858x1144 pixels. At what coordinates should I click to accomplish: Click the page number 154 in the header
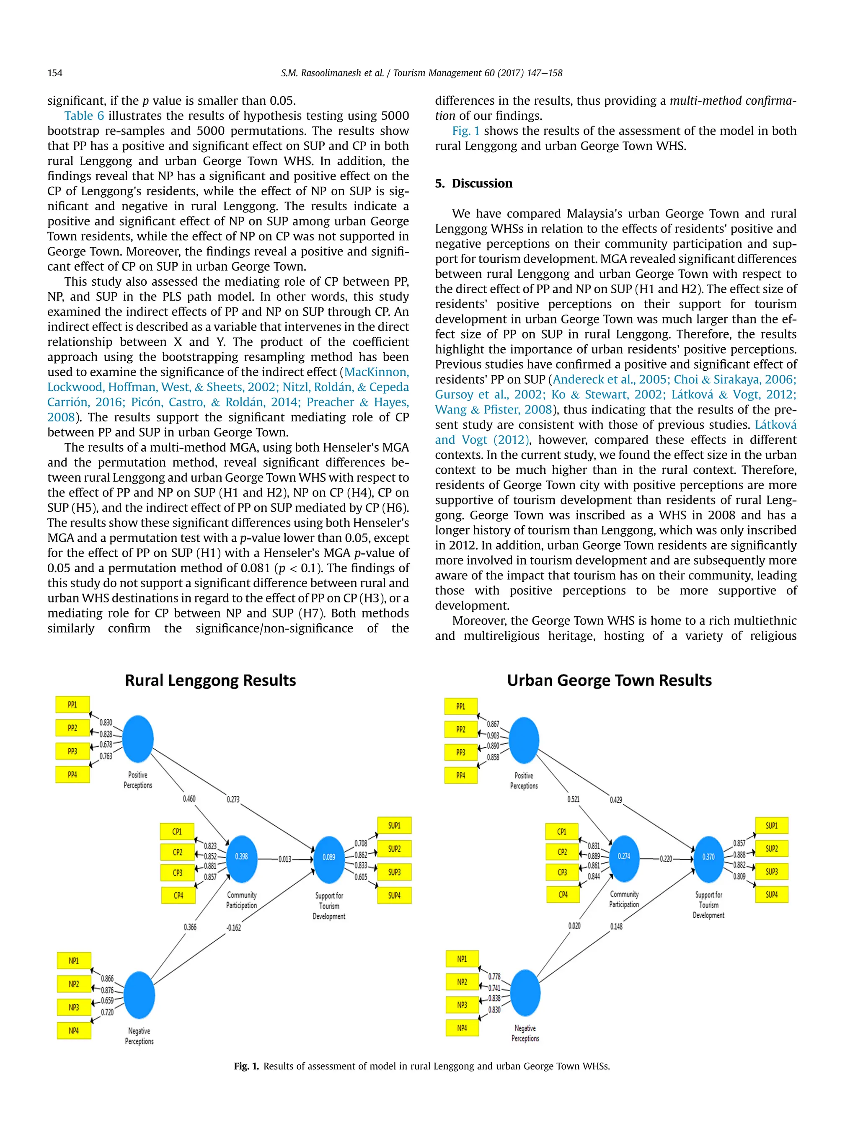tap(55, 73)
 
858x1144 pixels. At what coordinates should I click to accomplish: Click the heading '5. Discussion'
tap(473, 183)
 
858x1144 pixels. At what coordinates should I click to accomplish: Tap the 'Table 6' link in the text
tap(84, 116)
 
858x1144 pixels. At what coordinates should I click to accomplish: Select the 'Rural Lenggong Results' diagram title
tap(210, 680)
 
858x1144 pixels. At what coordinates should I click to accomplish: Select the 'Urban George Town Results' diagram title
tap(609, 680)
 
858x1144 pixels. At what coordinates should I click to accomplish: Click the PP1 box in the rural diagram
tap(72, 705)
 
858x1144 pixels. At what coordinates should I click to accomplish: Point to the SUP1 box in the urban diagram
tap(771, 825)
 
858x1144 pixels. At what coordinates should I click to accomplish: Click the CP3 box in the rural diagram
tap(177, 873)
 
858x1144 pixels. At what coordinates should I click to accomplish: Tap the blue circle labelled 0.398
tap(242, 857)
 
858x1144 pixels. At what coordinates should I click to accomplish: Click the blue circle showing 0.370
tap(708, 857)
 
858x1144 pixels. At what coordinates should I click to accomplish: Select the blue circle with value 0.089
tap(329, 857)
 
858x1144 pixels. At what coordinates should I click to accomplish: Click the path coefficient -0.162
tap(234, 928)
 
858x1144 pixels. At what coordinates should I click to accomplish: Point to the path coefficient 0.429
tap(615, 800)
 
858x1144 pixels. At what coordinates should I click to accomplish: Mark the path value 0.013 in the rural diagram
tap(285, 859)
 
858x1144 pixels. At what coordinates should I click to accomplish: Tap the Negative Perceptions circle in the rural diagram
tap(139, 995)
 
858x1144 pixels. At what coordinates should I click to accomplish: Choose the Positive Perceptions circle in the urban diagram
tap(524, 740)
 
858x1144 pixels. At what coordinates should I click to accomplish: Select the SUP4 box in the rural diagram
tap(394, 895)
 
